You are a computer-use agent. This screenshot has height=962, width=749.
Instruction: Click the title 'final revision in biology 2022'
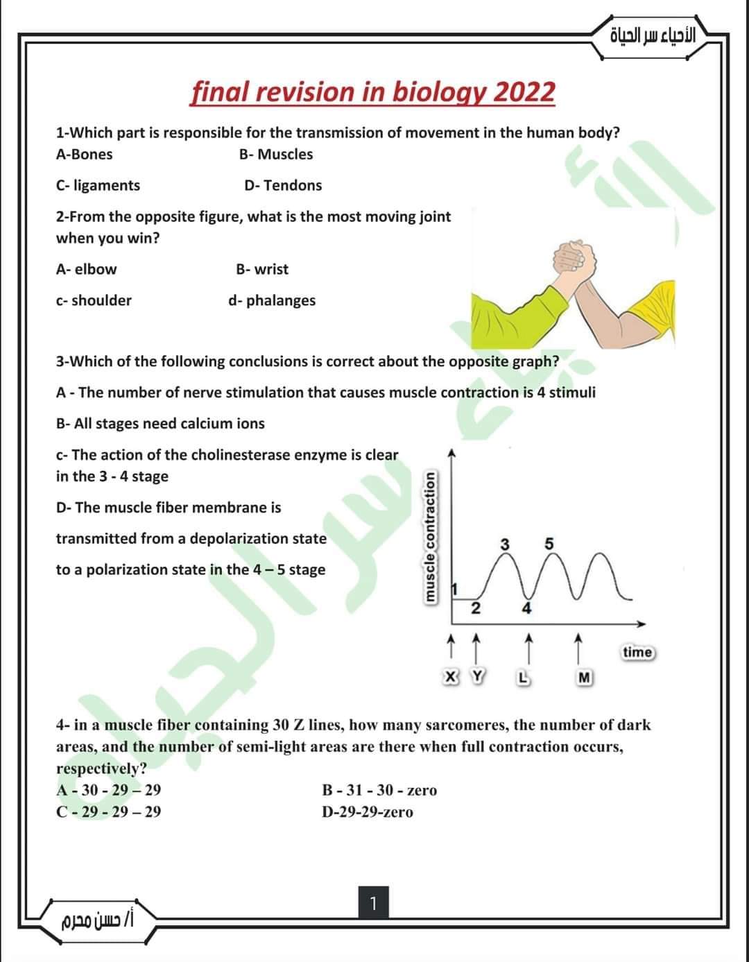point(373,92)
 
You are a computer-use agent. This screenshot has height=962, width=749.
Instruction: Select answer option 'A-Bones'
point(84,155)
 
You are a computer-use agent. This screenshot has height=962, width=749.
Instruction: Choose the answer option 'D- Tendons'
point(283,185)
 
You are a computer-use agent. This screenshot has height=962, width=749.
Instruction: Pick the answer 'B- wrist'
point(262,269)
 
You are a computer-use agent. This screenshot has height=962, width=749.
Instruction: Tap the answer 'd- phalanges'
point(272,300)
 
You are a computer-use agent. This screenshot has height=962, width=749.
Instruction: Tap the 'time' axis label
point(637,652)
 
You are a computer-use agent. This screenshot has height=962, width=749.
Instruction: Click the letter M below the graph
point(585,677)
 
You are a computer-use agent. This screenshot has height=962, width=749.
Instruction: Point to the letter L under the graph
point(526,677)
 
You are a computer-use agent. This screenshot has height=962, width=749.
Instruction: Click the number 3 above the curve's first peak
point(506,544)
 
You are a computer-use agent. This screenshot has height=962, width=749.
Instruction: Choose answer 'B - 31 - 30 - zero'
point(379,790)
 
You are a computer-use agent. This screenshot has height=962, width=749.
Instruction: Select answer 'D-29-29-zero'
point(368,812)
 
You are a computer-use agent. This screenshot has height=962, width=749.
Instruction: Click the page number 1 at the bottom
point(373,904)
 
